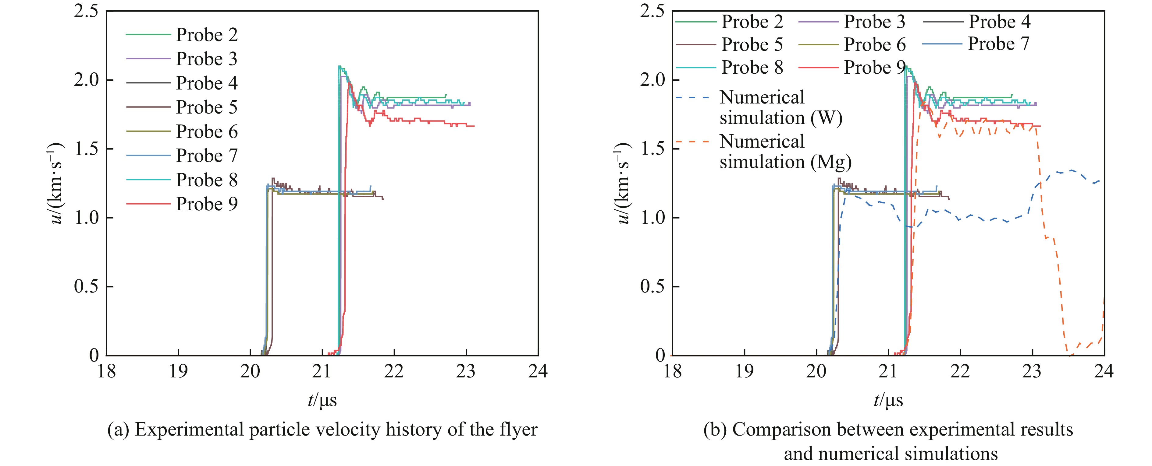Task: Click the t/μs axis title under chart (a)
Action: pos(322,400)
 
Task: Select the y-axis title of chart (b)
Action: pos(623,183)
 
